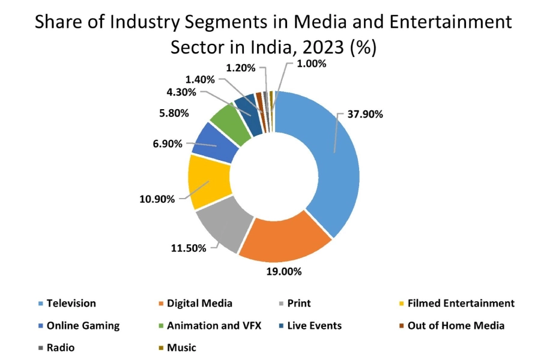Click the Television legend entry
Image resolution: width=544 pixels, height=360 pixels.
pyautogui.click(x=71, y=304)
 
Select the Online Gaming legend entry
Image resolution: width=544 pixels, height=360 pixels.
pyautogui.click(x=83, y=326)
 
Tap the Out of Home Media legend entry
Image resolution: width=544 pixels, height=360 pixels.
pyautogui.click(x=456, y=326)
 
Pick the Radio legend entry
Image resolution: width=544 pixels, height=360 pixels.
pyautogui.click(x=60, y=347)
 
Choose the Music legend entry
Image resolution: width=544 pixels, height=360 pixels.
pyautogui.click(x=181, y=347)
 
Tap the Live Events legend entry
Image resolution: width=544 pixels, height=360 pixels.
pyautogui.click(x=313, y=326)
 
